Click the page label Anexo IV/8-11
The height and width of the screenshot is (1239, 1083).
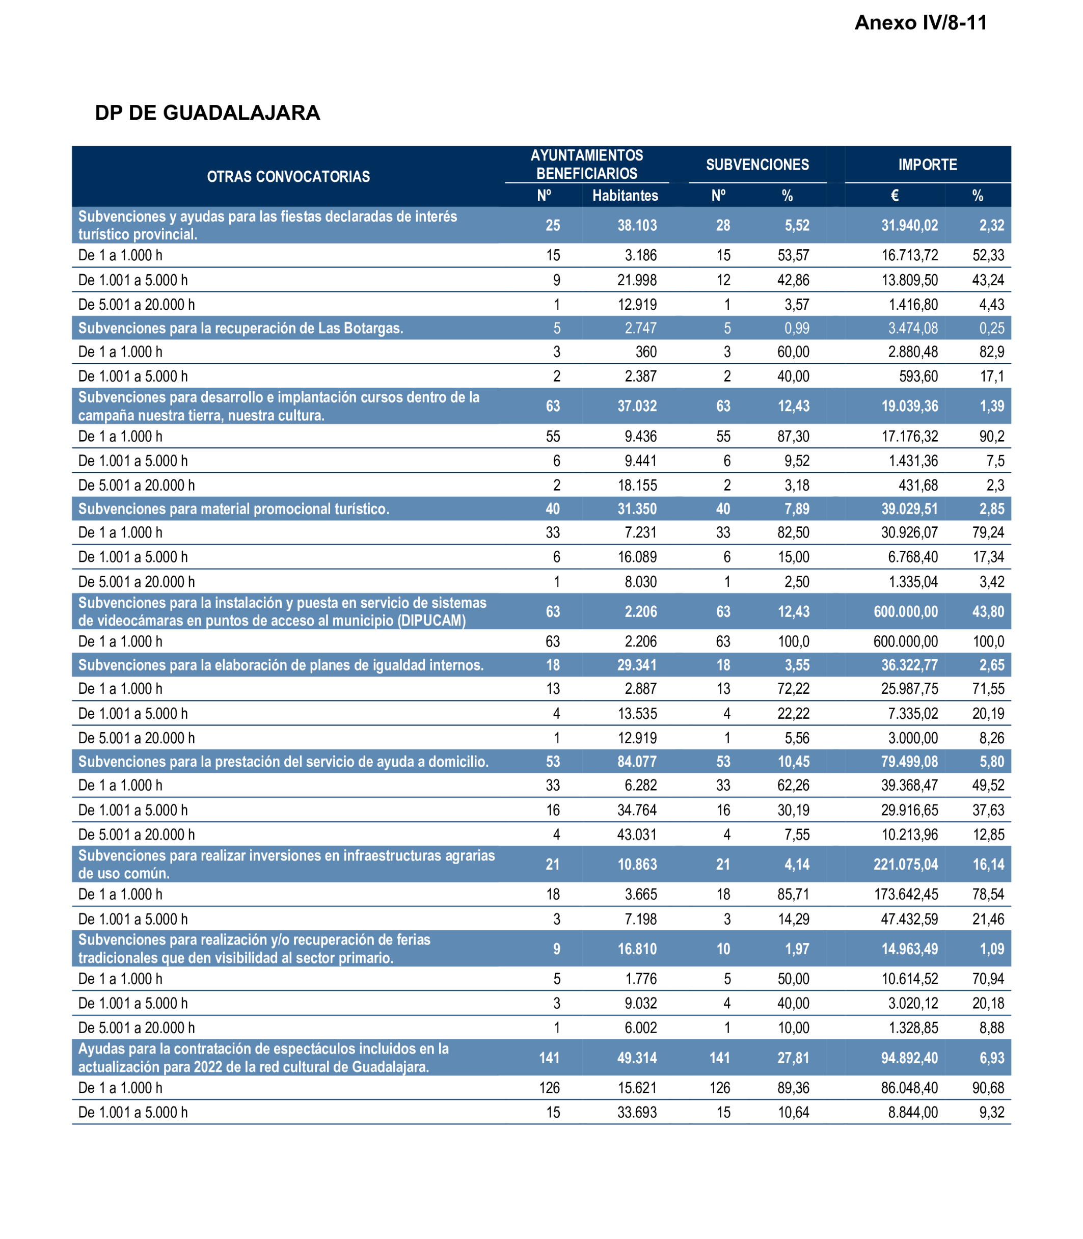(920, 23)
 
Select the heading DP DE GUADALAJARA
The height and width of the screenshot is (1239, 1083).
(207, 113)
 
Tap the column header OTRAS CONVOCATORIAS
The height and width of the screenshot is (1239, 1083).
(288, 176)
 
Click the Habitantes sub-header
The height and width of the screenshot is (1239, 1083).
(625, 195)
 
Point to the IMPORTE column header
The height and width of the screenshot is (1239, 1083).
(927, 165)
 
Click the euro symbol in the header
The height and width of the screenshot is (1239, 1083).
(895, 195)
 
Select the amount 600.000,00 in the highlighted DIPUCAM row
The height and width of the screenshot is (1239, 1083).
(905, 611)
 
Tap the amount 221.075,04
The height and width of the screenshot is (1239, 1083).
(905, 864)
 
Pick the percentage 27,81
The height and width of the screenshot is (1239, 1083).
(793, 1058)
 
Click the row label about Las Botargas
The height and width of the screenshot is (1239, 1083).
(240, 328)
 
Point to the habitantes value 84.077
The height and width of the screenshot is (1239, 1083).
(636, 762)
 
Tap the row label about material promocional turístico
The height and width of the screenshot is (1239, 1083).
(234, 509)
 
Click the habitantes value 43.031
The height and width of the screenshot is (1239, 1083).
(636, 834)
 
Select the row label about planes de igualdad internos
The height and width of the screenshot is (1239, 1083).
(281, 665)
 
